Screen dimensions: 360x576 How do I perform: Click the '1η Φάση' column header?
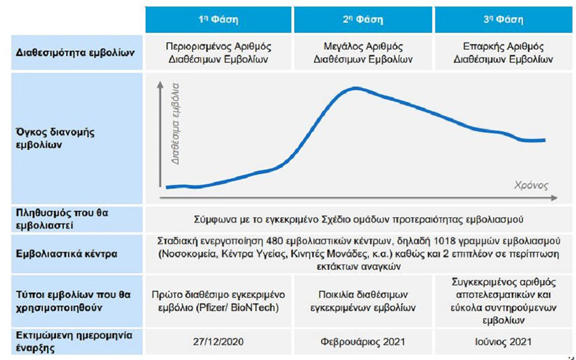tap(218, 20)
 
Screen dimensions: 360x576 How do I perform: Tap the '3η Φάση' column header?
tap(503, 20)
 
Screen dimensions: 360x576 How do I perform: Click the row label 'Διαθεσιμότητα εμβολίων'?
tap(75, 53)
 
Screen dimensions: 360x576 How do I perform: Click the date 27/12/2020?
tap(218, 342)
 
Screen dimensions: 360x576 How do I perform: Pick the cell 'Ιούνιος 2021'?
tap(503, 342)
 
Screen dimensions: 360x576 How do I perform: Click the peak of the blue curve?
tap(356, 88)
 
